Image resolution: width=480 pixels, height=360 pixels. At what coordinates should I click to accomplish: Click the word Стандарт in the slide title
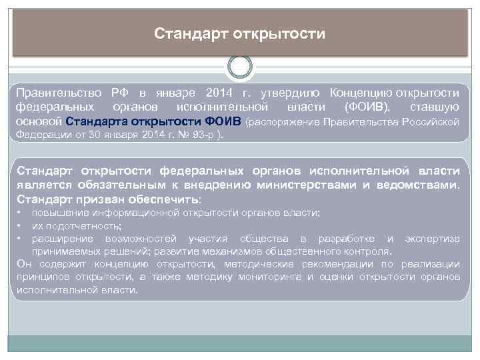click(x=190, y=33)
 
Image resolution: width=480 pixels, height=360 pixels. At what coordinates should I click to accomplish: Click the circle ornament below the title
click(x=240, y=66)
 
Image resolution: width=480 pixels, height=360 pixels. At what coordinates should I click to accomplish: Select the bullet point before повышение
click(x=21, y=213)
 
